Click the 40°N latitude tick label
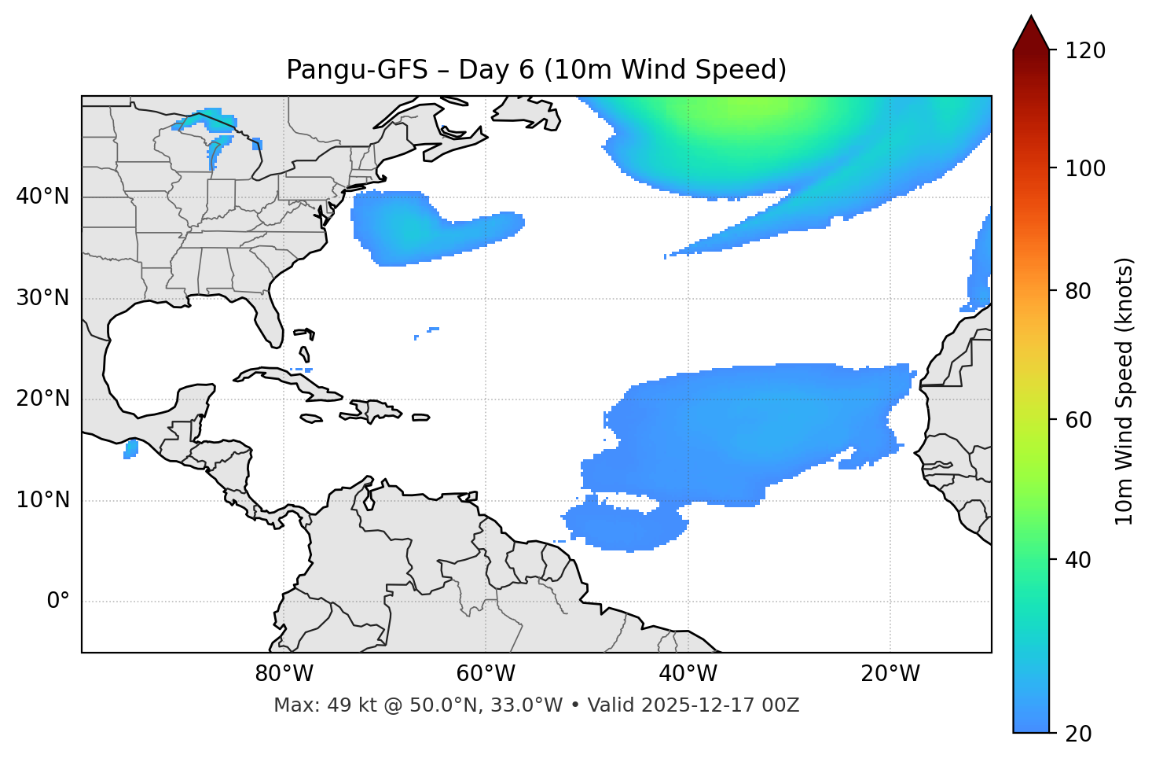tap(42, 197)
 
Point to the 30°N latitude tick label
tap(42, 298)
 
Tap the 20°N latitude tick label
tap(42, 399)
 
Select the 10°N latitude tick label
tap(42, 500)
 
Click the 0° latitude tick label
tap(58, 602)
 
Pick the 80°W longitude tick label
tap(284, 674)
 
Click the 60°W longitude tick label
tap(486, 674)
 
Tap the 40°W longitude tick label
tap(688, 674)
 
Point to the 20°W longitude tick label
tap(890, 674)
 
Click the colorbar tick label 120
tap(1084, 51)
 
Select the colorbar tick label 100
tap(1084, 168)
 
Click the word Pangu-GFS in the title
tap(357, 70)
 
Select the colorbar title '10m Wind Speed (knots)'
tap(1124, 391)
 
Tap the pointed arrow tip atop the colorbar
tap(1030, 19)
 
